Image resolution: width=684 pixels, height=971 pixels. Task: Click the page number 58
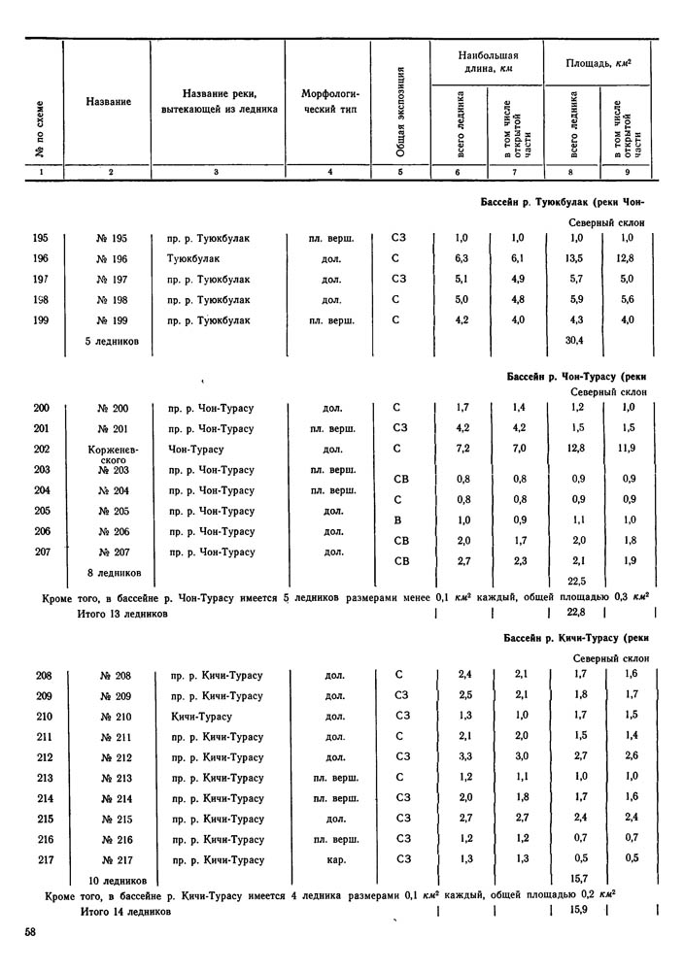[31, 932]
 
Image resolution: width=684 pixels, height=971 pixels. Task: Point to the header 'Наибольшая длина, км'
[489, 62]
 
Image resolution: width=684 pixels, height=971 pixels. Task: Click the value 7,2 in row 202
[463, 450]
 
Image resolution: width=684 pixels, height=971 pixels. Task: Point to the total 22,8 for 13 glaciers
[575, 612]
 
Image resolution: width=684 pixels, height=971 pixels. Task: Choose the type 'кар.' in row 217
[335, 859]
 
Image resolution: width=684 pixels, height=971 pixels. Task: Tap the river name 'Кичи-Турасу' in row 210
[201, 717]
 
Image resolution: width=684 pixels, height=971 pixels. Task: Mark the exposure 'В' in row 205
[397, 520]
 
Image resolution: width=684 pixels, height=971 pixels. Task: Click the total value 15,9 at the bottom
[576, 913]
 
